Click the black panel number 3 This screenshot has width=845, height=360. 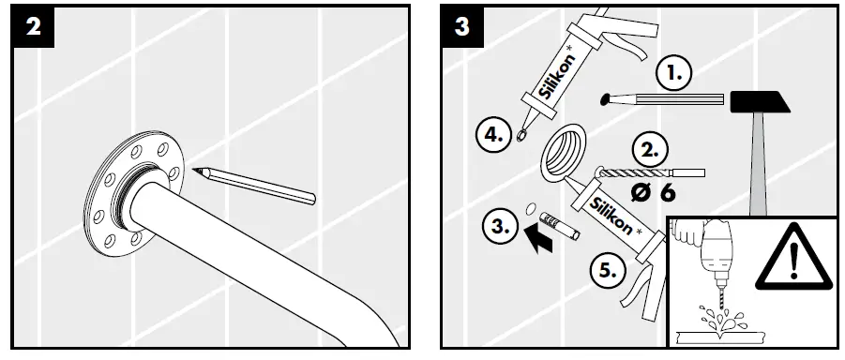point(463,26)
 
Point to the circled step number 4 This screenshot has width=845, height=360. point(492,135)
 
